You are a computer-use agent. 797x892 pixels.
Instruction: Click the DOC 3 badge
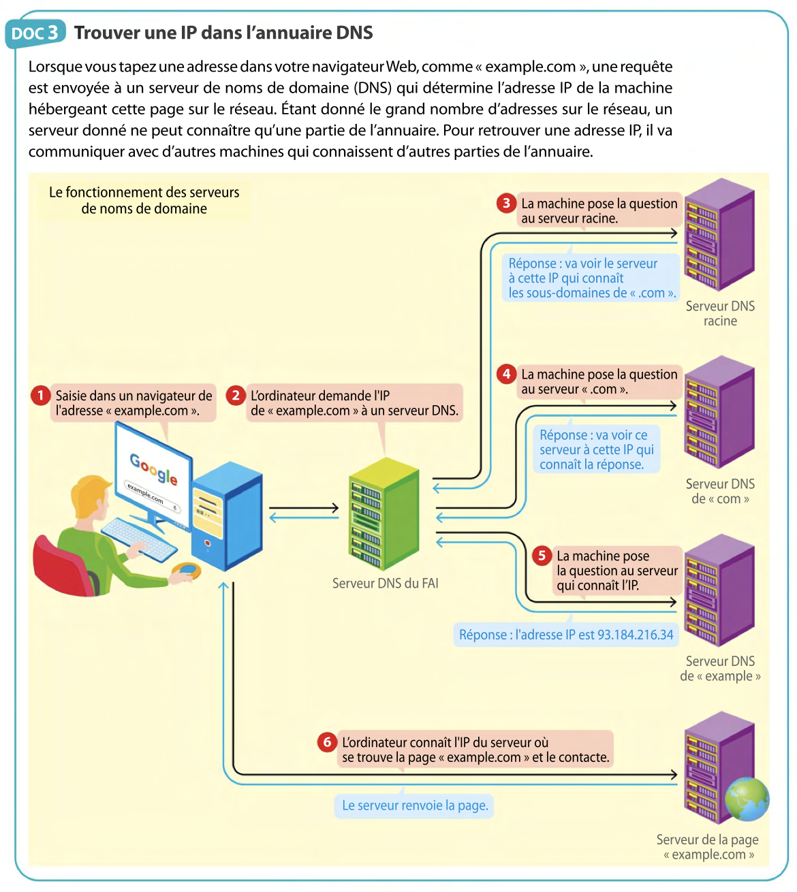click(35, 33)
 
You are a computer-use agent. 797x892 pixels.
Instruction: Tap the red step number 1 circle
click(41, 395)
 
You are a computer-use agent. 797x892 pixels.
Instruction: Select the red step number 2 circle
click(236, 395)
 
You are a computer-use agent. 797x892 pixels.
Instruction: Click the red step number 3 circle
click(506, 203)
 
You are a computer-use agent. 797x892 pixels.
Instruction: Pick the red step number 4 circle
click(506, 374)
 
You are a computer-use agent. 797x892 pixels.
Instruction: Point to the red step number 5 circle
click(542, 556)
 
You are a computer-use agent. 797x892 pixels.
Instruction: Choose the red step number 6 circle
click(327, 742)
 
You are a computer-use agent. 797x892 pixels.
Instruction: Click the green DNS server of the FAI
click(384, 514)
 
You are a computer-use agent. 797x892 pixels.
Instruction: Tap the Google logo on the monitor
click(154, 468)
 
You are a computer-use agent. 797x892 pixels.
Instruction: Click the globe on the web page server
click(747, 799)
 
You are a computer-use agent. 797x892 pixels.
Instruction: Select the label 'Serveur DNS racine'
click(720, 313)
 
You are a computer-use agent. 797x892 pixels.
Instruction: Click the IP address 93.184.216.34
click(635, 635)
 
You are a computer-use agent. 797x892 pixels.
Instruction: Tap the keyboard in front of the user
click(140, 538)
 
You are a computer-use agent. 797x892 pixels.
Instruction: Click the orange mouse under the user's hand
click(186, 571)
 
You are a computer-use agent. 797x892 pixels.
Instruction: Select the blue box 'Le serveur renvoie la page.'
click(415, 806)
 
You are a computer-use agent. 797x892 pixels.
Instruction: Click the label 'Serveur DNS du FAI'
click(385, 584)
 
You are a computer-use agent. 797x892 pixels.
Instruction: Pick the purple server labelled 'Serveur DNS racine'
click(719, 235)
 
